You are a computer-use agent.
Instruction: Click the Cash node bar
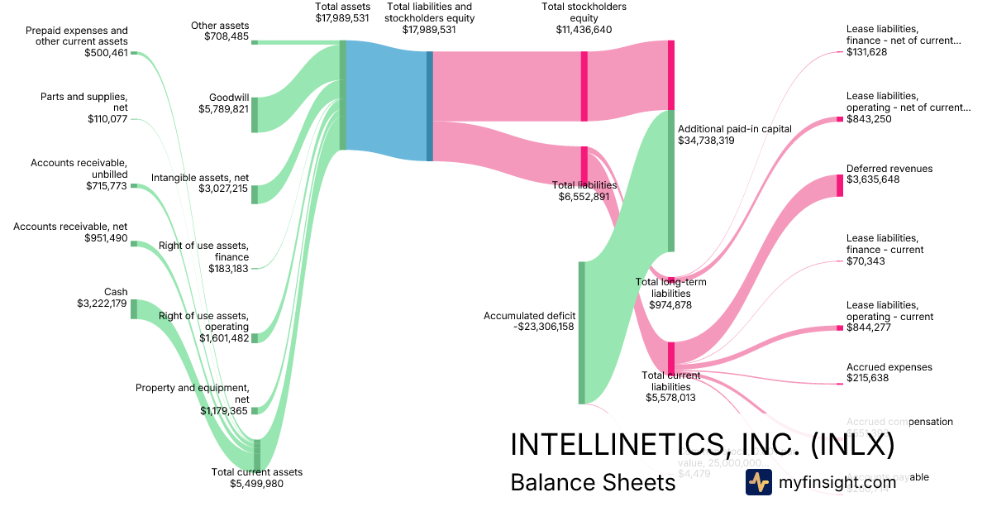(133, 309)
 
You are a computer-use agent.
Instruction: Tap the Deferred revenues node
(840, 185)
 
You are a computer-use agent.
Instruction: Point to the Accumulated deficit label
(529, 315)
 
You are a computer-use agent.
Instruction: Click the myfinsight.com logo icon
(758, 482)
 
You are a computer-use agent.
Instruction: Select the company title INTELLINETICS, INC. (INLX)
(702, 444)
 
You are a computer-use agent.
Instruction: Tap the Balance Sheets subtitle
(593, 482)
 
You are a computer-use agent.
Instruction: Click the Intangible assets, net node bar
(255, 194)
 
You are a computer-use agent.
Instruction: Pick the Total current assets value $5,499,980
(256, 483)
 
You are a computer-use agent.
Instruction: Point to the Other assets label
(220, 26)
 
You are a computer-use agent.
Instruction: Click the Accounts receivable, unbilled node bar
(133, 186)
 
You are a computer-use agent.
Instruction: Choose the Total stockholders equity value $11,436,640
(584, 29)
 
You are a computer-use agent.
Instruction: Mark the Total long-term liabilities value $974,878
(670, 304)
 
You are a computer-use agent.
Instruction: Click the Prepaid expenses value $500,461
(106, 52)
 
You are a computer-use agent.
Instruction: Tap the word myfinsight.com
(837, 482)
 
